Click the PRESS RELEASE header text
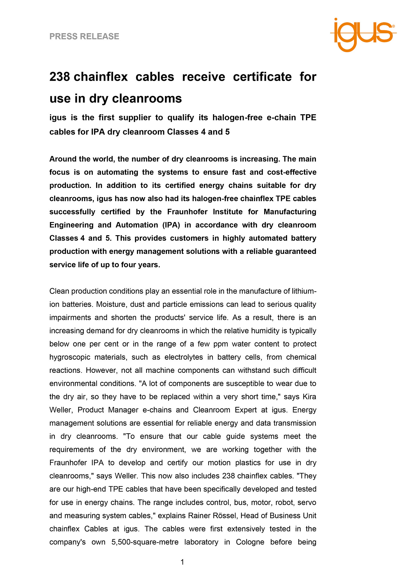(x=84, y=36)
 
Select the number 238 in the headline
(x=59, y=77)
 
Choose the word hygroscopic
(x=68, y=357)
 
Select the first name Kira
(x=309, y=397)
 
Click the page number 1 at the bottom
(x=182, y=562)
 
